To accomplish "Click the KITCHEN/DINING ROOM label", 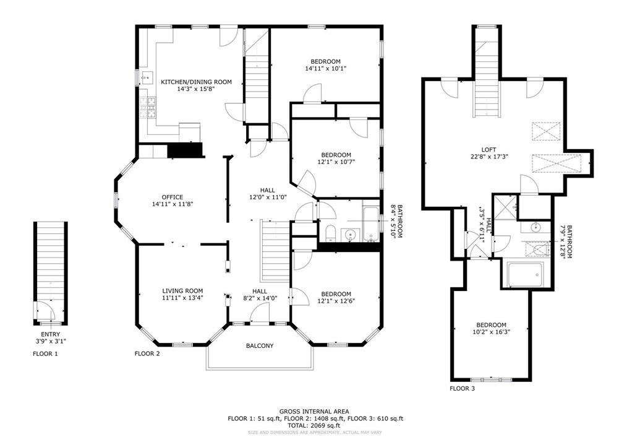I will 196,82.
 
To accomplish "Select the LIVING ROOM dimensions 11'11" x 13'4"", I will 182,298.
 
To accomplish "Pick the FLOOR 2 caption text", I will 147,354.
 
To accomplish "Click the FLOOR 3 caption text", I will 463,389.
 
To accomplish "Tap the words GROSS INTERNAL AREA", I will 313,411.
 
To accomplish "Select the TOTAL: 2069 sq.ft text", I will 313,425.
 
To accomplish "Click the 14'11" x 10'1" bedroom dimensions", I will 325,69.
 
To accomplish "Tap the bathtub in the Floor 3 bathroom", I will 525,274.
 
